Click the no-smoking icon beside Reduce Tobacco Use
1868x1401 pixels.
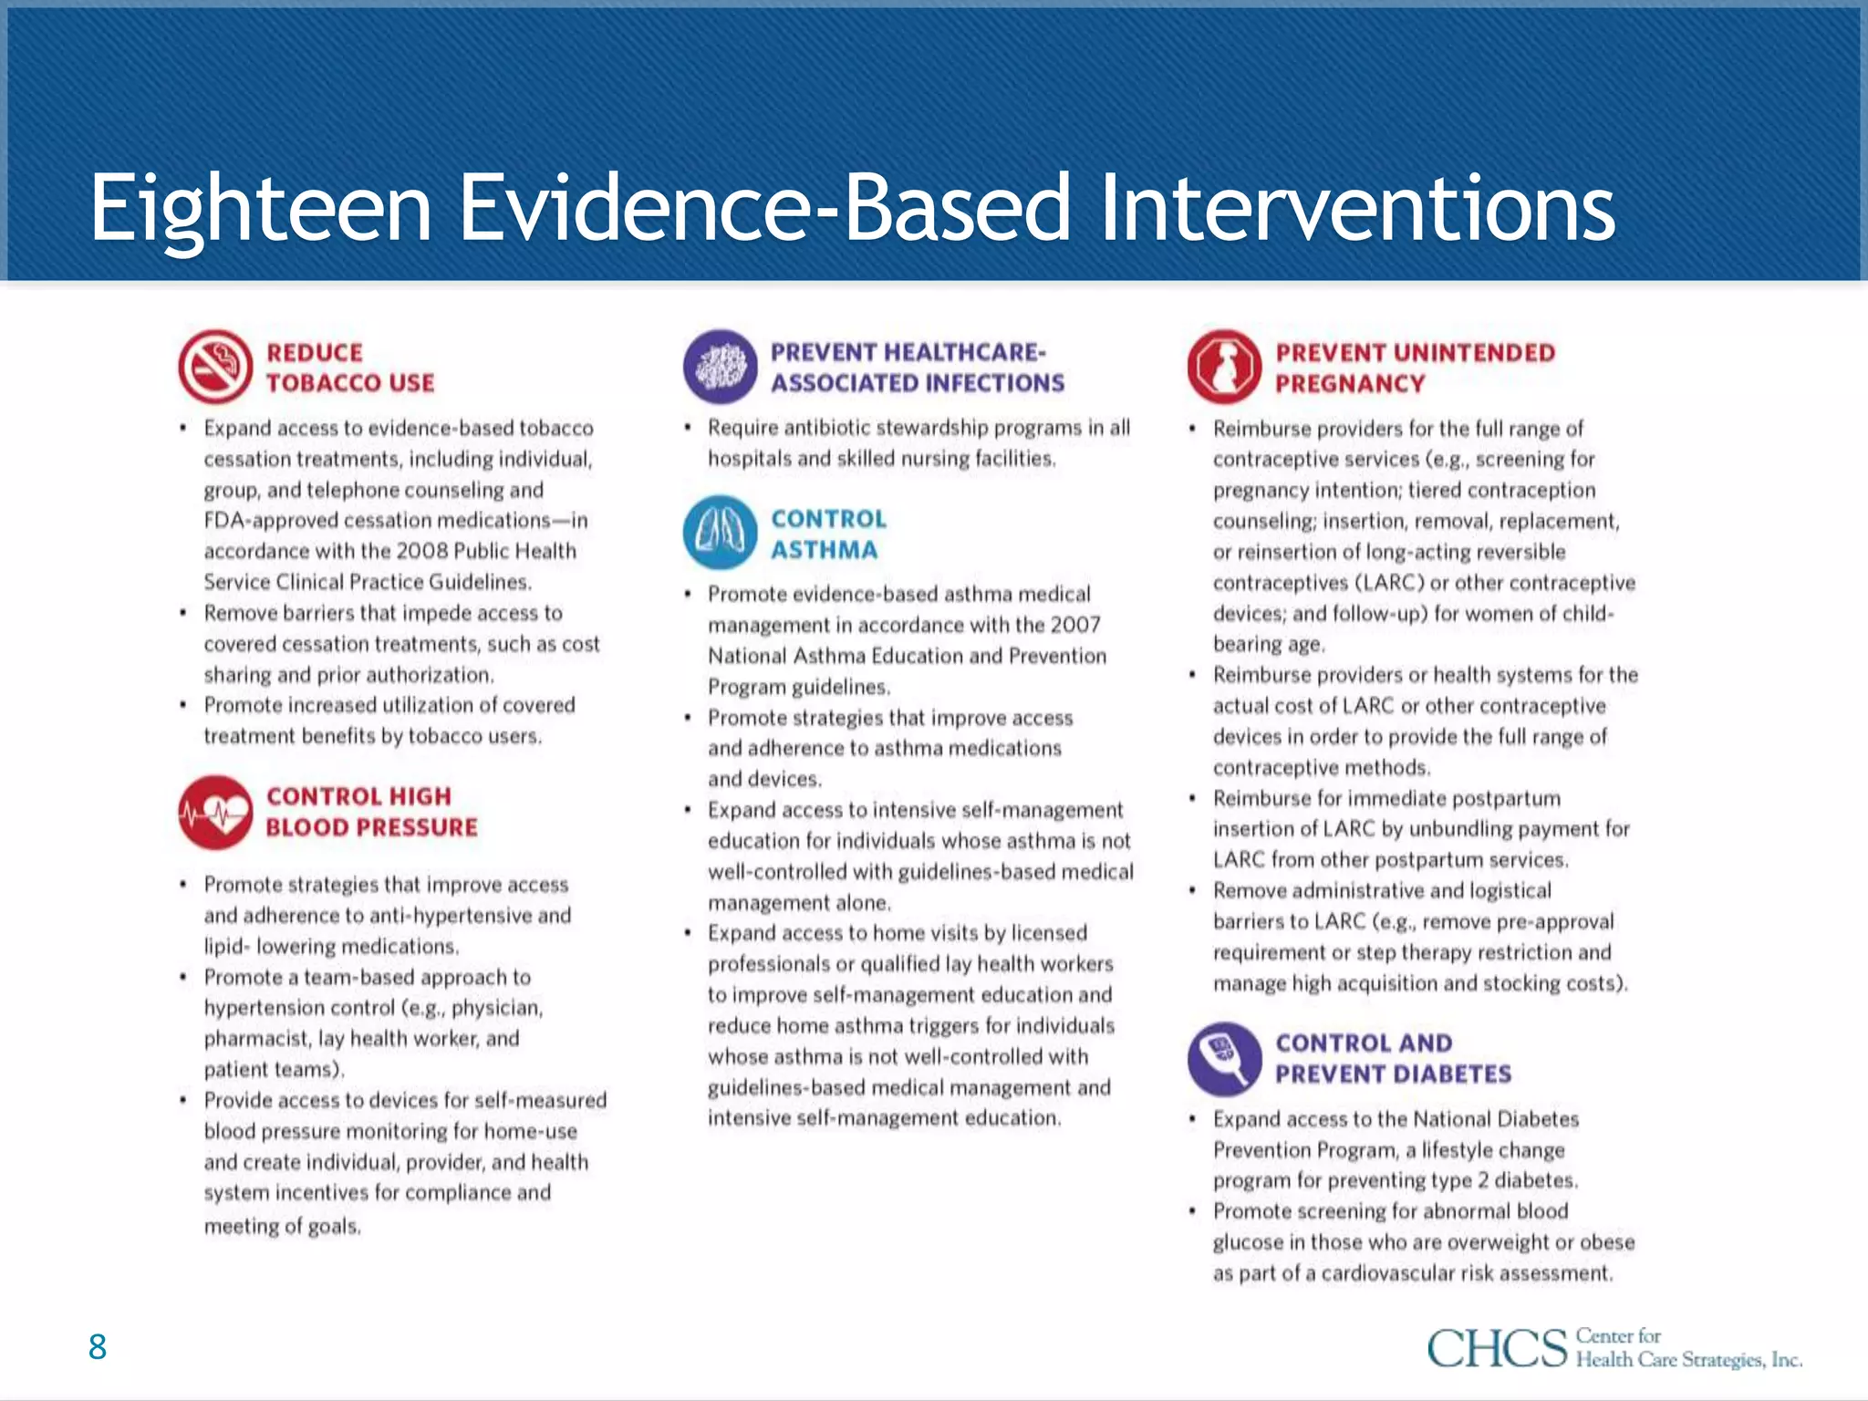(215, 367)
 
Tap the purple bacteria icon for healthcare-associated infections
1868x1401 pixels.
(720, 367)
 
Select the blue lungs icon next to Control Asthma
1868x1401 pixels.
(720, 533)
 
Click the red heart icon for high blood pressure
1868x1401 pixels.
(215, 812)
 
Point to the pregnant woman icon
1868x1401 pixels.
(1224, 367)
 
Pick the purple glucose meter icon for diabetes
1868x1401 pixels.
(1224, 1058)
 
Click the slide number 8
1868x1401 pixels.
(98, 1347)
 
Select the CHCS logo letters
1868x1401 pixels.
(1497, 1348)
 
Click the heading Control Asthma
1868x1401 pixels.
(827, 534)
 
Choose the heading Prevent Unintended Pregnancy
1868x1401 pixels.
(1414, 368)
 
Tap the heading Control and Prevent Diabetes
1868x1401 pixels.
(1392, 1058)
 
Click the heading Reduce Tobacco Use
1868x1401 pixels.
(349, 368)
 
